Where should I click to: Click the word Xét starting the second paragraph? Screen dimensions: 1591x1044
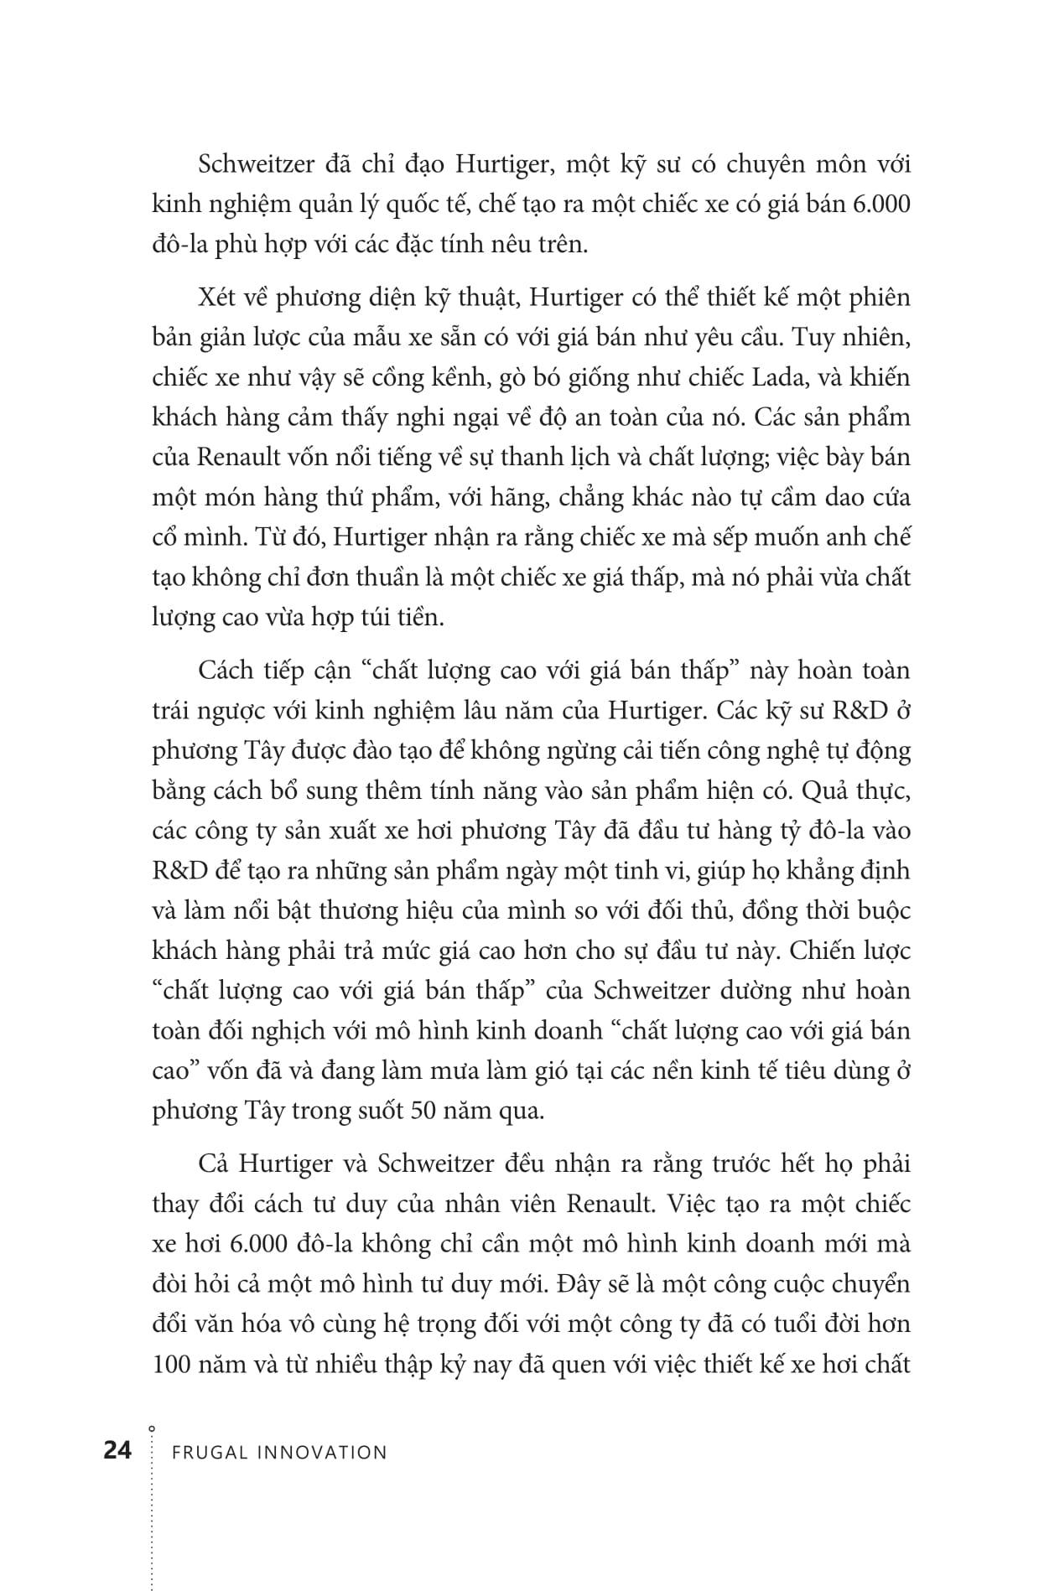coord(218,298)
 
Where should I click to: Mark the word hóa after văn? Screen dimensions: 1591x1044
coord(262,1324)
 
